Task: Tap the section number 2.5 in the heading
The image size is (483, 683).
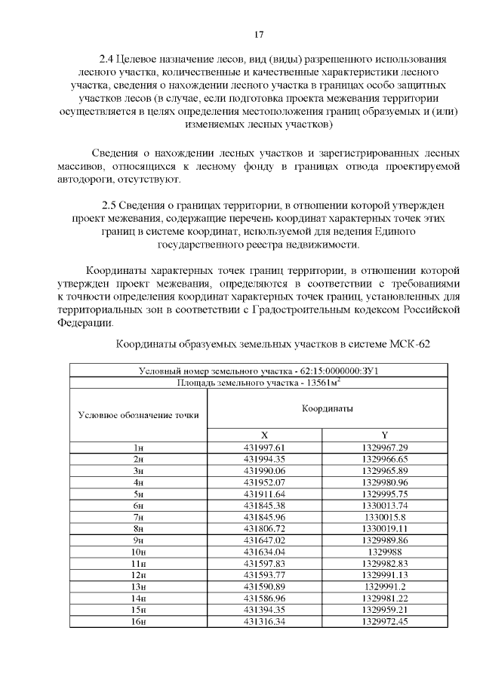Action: (112, 205)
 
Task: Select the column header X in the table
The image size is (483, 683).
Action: (264, 435)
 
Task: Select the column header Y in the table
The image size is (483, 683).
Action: (384, 435)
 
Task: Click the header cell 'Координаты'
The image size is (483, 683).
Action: (328, 408)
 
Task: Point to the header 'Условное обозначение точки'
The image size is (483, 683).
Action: (138, 415)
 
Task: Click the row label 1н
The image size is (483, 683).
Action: (138, 448)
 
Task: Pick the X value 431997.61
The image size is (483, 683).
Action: (264, 448)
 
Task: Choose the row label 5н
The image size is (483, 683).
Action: (138, 493)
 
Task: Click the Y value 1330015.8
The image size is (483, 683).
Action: (384, 516)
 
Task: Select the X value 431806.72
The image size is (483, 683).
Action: (264, 528)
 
